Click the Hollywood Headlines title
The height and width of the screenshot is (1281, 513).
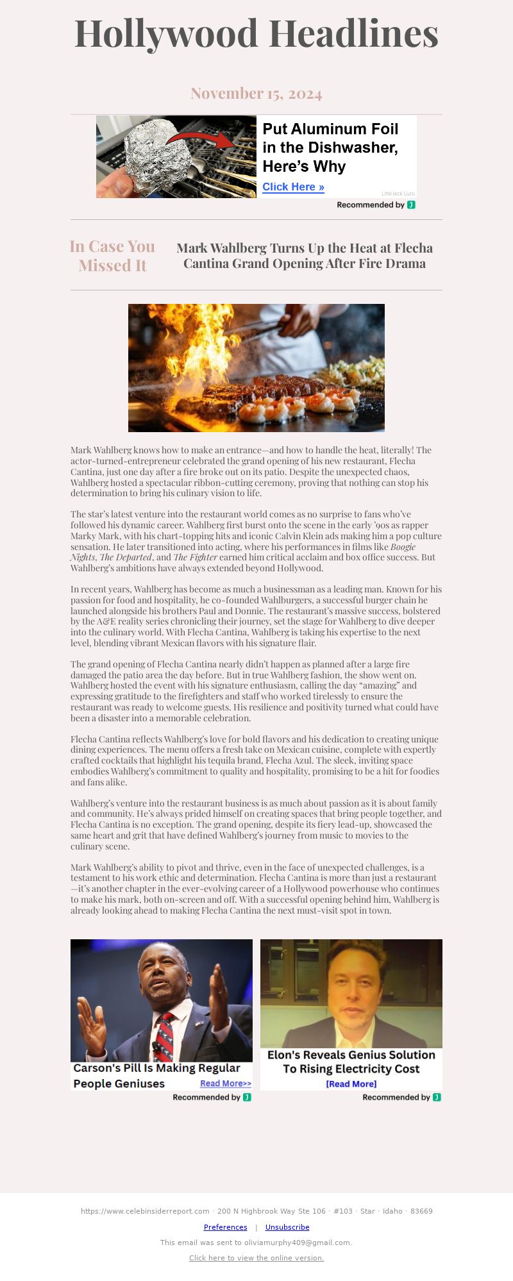coord(256,33)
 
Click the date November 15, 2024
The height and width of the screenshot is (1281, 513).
coord(256,94)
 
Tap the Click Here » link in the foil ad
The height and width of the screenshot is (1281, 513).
coord(293,187)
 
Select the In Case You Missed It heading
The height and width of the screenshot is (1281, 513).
coord(112,256)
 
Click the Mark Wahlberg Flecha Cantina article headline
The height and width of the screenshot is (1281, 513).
coord(305,256)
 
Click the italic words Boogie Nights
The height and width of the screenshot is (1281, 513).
coord(402,547)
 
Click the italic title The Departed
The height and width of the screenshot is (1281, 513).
coord(126,557)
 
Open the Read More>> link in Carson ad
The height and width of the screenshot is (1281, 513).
coord(226,1084)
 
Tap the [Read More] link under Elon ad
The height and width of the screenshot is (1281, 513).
coord(351,1084)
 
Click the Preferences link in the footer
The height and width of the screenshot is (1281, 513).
coord(225,1227)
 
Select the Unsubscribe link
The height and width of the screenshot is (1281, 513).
coord(287,1227)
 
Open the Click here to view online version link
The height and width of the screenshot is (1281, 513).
coord(256,1258)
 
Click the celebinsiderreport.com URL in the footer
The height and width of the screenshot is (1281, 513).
coord(145,1211)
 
